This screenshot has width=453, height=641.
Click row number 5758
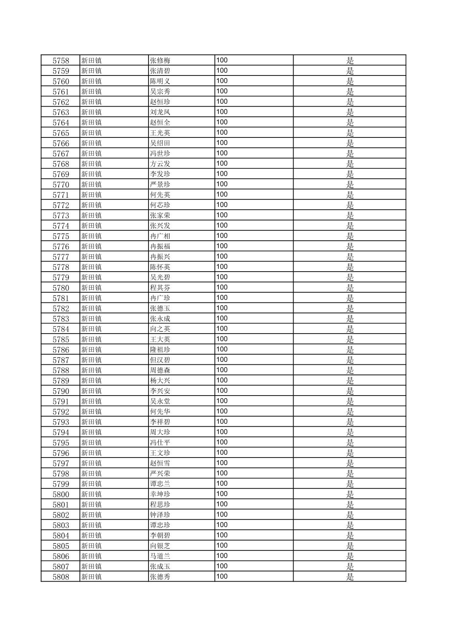pos(61,60)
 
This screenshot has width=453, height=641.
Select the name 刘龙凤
pos(160,112)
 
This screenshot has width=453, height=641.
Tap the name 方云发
pos(160,164)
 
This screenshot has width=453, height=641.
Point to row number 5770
pos(61,184)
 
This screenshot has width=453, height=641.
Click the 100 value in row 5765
pos(222,132)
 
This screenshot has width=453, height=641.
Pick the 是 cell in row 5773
pos(350,215)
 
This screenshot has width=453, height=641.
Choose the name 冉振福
pos(160,246)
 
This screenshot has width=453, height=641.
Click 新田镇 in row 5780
pos(92,288)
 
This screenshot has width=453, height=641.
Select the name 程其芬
pos(160,288)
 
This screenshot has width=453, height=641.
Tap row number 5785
pos(61,339)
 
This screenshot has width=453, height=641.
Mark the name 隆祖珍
pos(160,350)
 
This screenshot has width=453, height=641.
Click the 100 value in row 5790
pos(222,391)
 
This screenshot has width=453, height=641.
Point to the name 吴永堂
pos(160,401)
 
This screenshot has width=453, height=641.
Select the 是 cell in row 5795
pos(350,443)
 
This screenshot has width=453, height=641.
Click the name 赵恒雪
pos(160,463)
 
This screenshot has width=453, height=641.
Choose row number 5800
pos(61,494)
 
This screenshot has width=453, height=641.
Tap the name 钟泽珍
pos(160,515)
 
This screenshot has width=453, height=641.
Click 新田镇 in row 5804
pos(92,536)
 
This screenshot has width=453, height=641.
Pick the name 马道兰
pos(160,556)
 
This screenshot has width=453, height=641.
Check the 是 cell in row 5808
pos(350,577)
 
